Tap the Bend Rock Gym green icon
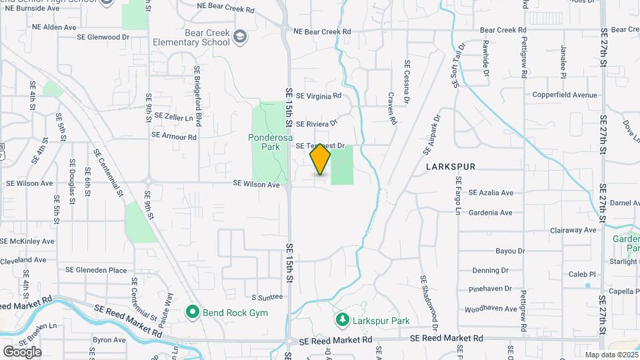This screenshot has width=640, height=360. coord(193,311)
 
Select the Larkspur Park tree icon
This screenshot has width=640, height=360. coord(343,321)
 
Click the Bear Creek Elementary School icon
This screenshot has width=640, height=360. coord(240,39)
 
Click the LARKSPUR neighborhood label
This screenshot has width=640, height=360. coord(451,167)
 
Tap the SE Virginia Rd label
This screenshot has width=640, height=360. coord(319,96)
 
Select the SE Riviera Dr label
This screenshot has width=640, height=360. coord(317,124)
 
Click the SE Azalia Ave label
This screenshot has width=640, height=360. coord(491,193)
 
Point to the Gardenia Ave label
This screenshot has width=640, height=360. coord(491,213)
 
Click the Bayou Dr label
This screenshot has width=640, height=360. coord(492,251)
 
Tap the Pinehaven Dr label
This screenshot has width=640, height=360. coord(490,289)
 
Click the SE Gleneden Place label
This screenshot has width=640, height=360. coord(96,270)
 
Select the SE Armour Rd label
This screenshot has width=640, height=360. coord(174,137)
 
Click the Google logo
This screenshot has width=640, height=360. coord(22,351)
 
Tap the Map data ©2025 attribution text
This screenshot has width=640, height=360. coord(611,355)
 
